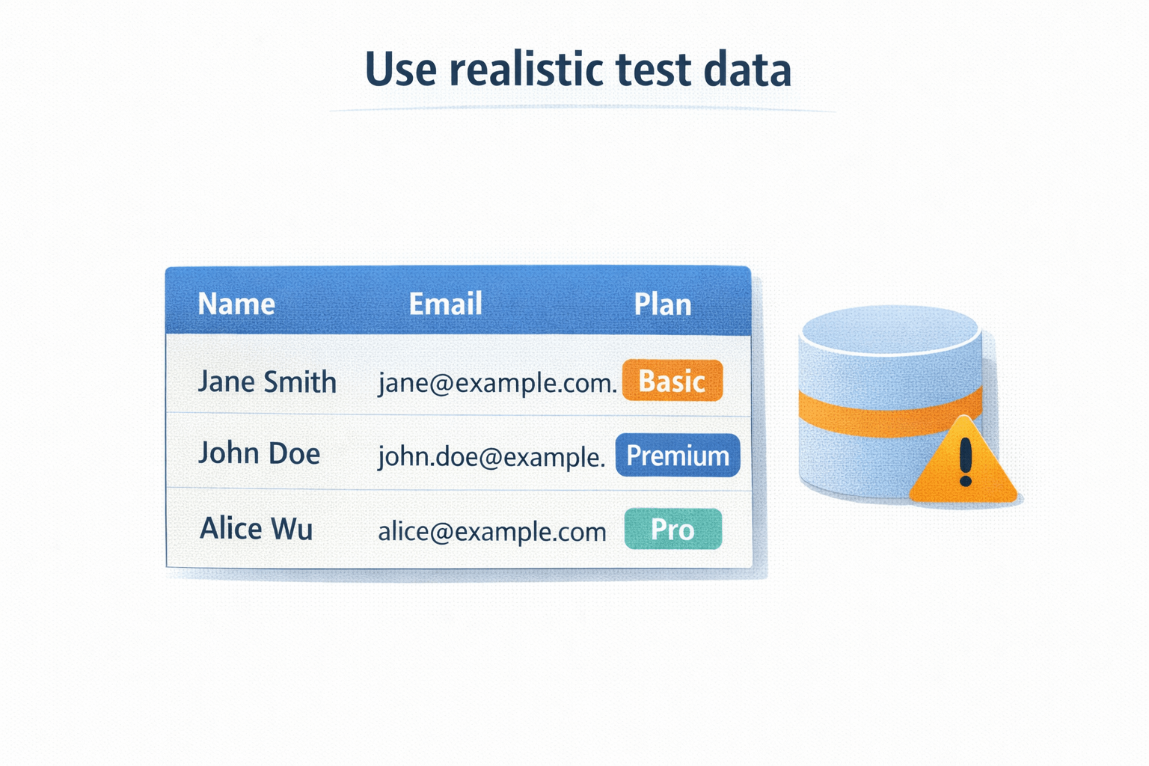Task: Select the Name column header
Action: pyautogui.click(x=236, y=304)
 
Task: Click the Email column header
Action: pyautogui.click(x=445, y=304)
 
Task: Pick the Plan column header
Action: pyautogui.click(x=662, y=304)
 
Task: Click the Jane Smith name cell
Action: pyautogui.click(x=267, y=382)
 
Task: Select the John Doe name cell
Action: pyautogui.click(x=259, y=453)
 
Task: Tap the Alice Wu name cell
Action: pyautogui.click(x=256, y=529)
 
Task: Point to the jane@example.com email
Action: pyautogui.click(x=497, y=382)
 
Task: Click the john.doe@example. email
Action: pyautogui.click(x=491, y=456)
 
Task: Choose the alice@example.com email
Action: pyautogui.click(x=491, y=531)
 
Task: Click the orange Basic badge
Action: pyautogui.click(x=672, y=381)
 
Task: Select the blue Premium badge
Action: pyautogui.click(x=678, y=455)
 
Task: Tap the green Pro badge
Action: pyautogui.click(x=672, y=529)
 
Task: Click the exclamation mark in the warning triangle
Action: pyautogui.click(x=965, y=461)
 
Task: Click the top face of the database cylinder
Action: pyautogui.click(x=889, y=329)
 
